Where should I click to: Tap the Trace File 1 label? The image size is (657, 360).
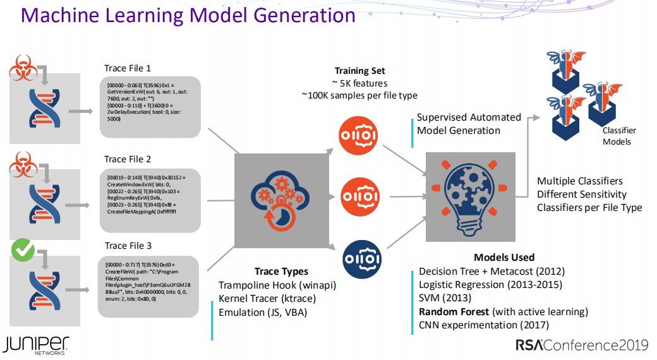point(128,68)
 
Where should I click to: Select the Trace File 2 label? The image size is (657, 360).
point(128,159)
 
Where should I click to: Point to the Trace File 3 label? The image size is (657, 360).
point(128,246)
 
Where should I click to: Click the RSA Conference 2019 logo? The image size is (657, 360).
point(582,345)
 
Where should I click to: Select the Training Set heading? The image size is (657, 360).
point(359,71)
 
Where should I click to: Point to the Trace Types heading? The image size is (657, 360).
point(281,272)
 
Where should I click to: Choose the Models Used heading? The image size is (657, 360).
point(504,257)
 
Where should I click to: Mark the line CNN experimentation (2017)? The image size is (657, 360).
point(484,325)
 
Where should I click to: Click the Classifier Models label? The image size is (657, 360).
point(619,136)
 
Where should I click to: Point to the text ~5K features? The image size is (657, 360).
point(359,83)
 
